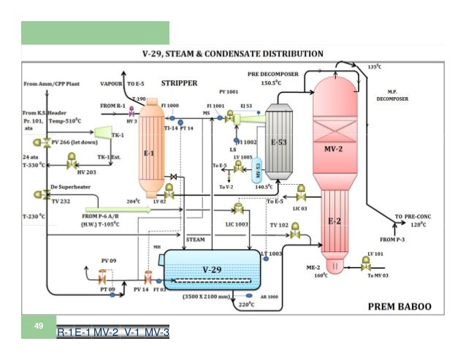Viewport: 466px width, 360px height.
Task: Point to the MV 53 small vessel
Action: (x=256, y=170)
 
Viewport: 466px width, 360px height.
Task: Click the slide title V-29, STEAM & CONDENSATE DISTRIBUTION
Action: (x=232, y=54)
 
